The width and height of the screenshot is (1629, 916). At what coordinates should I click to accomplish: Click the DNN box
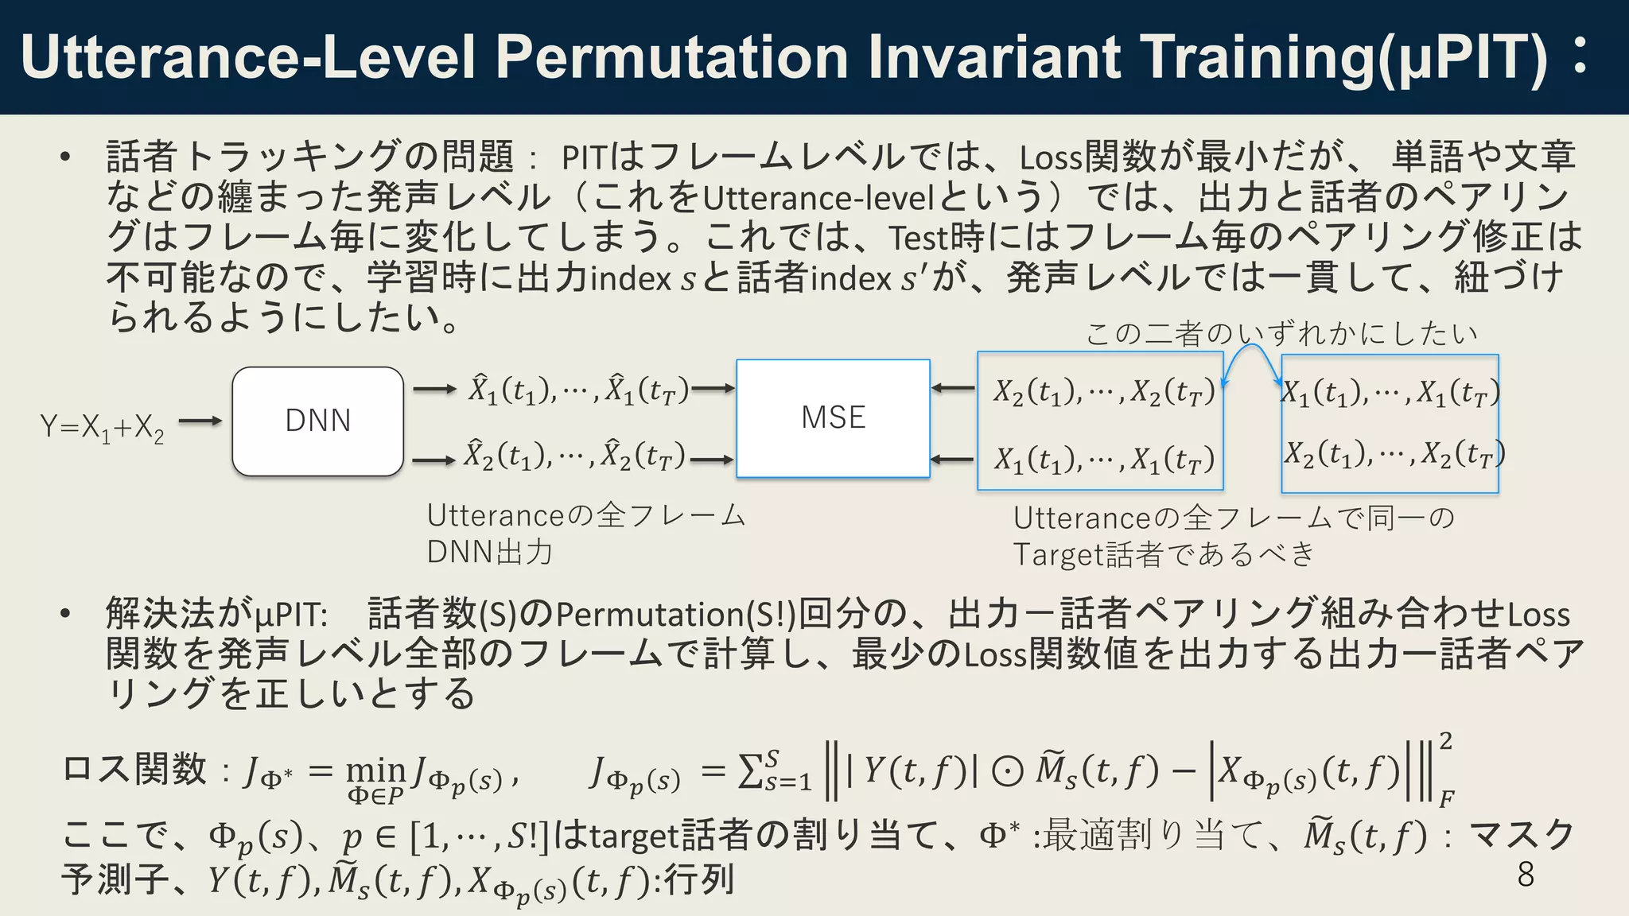[x=317, y=421]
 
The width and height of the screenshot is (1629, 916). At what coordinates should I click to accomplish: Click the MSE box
[x=833, y=418]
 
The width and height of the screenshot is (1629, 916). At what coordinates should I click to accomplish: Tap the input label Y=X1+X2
[x=102, y=428]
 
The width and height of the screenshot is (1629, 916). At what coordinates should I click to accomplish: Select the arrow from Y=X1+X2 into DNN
[x=200, y=421]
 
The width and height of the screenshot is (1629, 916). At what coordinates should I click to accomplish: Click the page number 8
[x=1525, y=874]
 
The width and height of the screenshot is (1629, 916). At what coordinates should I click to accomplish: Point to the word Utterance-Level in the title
[x=247, y=57]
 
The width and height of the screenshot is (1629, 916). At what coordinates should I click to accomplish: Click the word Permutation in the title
[x=672, y=57]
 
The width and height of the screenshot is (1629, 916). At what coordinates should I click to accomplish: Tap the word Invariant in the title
[x=994, y=57]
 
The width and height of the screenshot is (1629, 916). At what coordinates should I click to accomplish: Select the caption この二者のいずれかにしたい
[x=1281, y=333]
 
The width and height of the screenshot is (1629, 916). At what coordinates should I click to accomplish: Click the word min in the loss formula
[x=375, y=770]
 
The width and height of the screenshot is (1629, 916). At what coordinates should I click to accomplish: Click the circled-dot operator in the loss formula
[x=1007, y=771]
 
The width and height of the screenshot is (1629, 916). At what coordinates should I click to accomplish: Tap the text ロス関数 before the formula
[x=134, y=770]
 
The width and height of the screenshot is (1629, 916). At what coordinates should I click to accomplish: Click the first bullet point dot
[x=66, y=157]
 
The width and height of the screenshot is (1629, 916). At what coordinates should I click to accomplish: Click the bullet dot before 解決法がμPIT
[x=66, y=614]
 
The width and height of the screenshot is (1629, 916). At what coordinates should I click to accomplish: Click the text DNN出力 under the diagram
[x=489, y=552]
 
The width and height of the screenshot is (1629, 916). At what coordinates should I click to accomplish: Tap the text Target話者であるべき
[x=1164, y=554]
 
